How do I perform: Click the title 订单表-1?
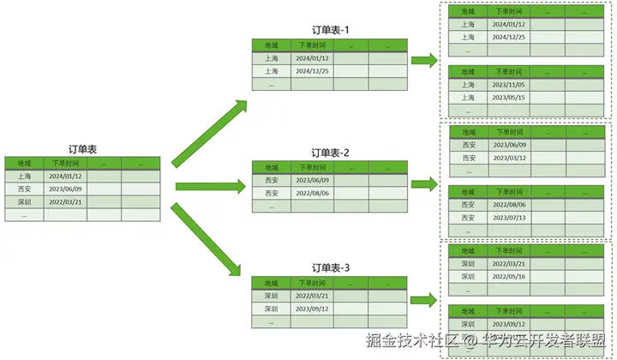coord(330,30)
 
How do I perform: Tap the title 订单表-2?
coord(330,153)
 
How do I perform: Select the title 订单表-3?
coord(330,267)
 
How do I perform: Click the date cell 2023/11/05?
coord(509,85)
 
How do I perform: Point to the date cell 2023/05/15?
coord(509,98)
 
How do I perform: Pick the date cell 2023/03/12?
coord(509,158)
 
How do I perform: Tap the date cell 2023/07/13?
coord(509,218)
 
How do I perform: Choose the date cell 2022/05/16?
coord(509,277)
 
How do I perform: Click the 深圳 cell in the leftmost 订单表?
coord(24,201)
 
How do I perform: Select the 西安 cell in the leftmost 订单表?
coord(24,189)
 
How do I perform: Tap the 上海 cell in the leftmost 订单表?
coord(24,176)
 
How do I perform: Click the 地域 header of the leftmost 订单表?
coord(24,163)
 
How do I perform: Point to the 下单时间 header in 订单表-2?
coord(310,167)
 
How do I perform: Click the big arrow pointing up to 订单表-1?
coord(208,133)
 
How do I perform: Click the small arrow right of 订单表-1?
coord(423,61)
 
